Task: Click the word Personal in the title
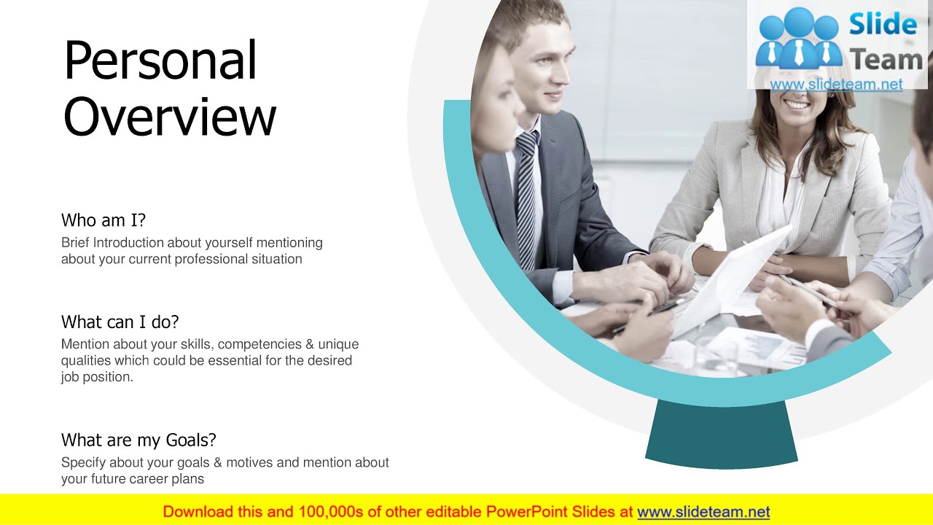160,61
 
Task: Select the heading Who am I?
104,220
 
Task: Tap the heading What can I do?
120,322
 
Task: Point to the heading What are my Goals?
138,440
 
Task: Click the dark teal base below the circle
720,434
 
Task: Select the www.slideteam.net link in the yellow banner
703,512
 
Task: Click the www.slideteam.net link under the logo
836,85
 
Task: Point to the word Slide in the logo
883,26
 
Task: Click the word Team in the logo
886,60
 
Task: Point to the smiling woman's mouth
796,104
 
